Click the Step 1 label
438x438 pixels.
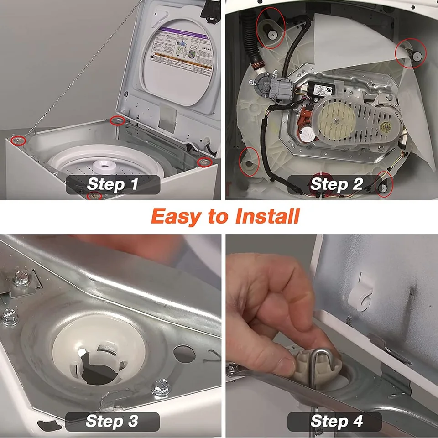click(112, 184)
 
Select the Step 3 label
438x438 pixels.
click(112, 421)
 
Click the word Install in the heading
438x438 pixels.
click(267, 216)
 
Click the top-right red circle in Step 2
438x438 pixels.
click(412, 53)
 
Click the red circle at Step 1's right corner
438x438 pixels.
click(204, 162)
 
